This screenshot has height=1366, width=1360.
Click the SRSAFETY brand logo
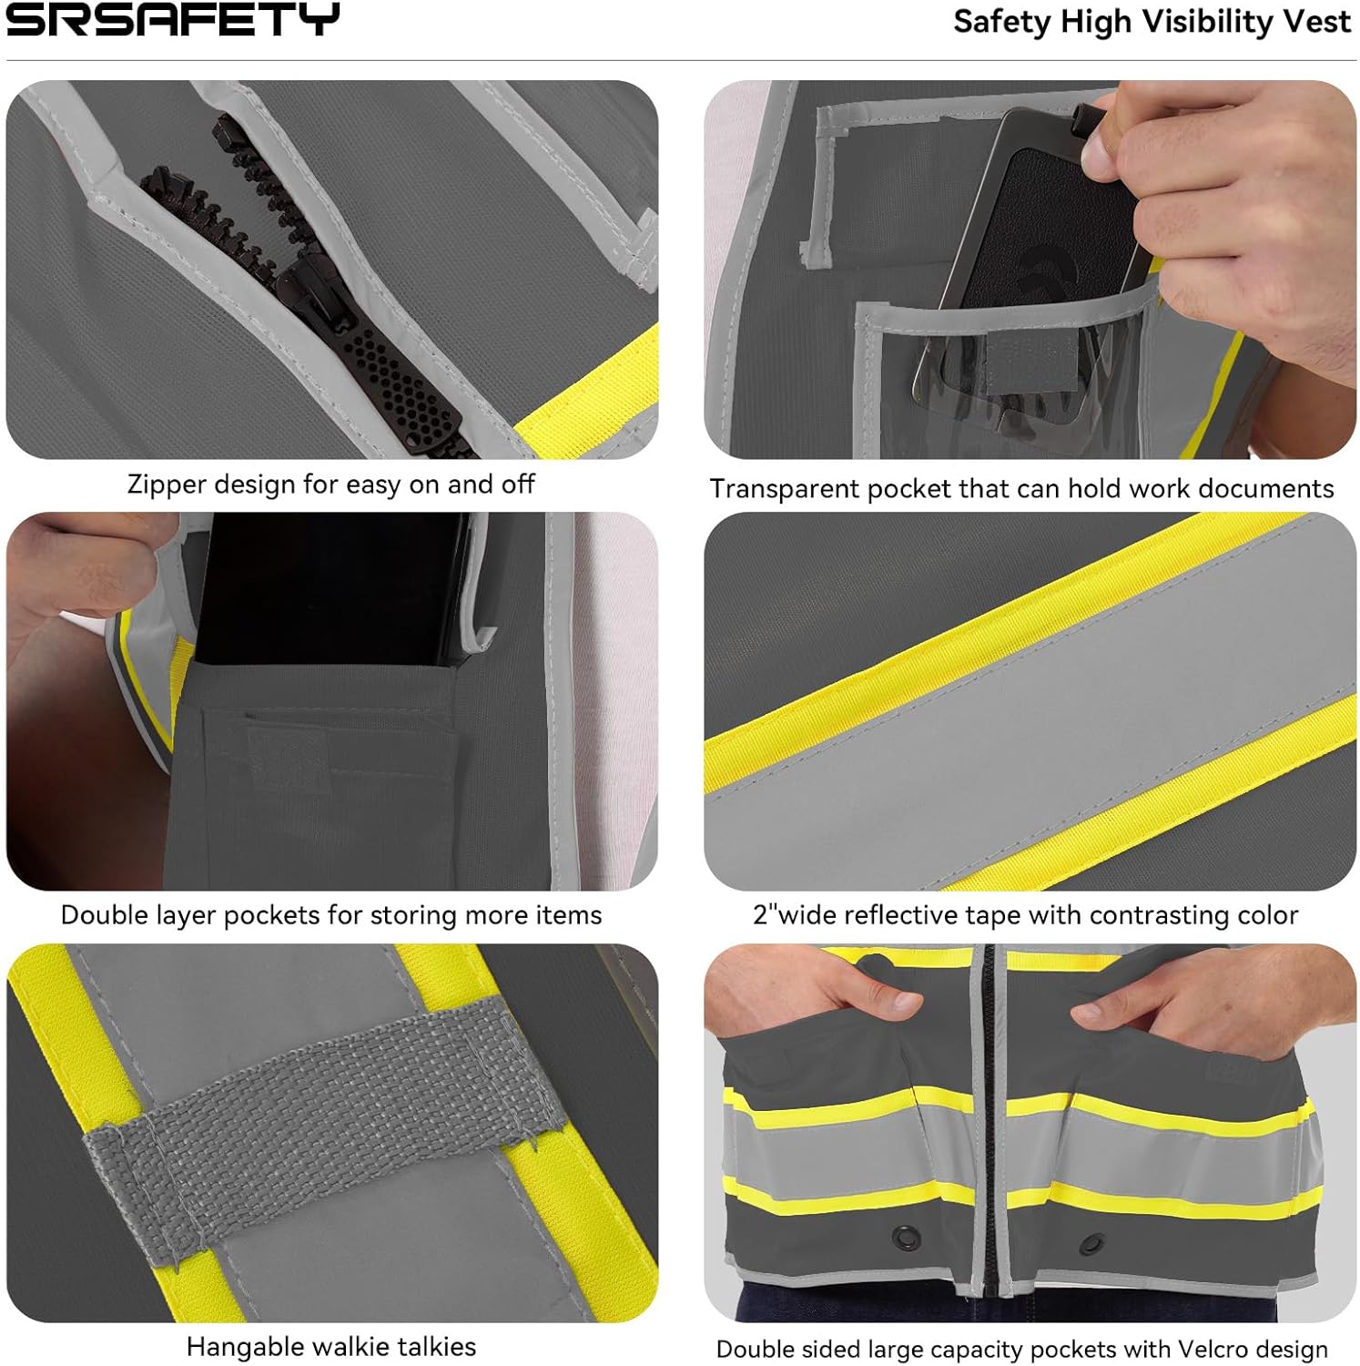click(172, 19)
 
